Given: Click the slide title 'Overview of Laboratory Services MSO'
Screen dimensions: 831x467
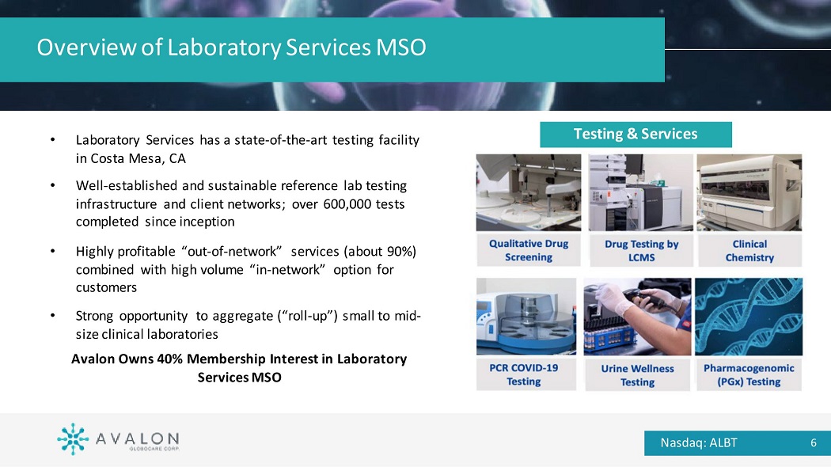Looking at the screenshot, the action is coord(231,47).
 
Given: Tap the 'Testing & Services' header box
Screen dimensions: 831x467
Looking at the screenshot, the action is coord(636,134).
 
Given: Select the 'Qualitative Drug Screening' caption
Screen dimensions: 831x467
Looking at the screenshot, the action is coord(529,250).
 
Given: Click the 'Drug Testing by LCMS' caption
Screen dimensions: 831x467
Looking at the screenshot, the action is coord(641,250).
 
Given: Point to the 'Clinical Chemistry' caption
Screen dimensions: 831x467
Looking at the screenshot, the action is coord(749,250).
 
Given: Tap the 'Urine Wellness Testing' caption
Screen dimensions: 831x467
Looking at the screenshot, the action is coord(638,374).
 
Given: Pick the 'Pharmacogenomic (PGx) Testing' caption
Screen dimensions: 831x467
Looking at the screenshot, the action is coord(749,374).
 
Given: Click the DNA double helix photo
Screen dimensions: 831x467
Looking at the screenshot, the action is coord(749,317).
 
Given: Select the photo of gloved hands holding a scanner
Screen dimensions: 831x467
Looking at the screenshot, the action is coord(637,317).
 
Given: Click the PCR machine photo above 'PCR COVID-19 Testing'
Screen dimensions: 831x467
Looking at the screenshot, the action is coord(526,316).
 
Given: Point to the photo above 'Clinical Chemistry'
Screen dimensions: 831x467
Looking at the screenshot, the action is coord(749,192).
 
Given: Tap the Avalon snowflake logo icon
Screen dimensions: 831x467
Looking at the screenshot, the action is coord(73,439).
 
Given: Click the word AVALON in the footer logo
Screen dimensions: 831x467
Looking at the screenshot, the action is coord(137,439).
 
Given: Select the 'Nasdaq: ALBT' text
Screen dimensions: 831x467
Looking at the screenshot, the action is coord(699,442).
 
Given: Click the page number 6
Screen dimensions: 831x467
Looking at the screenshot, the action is coord(814,442).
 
